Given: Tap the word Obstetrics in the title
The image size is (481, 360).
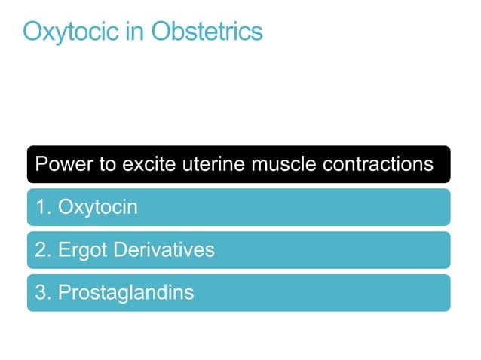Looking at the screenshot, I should tap(207, 32).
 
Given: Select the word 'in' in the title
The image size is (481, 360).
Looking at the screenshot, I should tap(137, 32).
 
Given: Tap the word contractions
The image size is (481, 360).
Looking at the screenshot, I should tap(381, 163).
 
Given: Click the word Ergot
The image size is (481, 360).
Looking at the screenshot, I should tap(83, 249).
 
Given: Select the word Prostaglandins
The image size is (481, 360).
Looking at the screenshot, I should tap(126, 292).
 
